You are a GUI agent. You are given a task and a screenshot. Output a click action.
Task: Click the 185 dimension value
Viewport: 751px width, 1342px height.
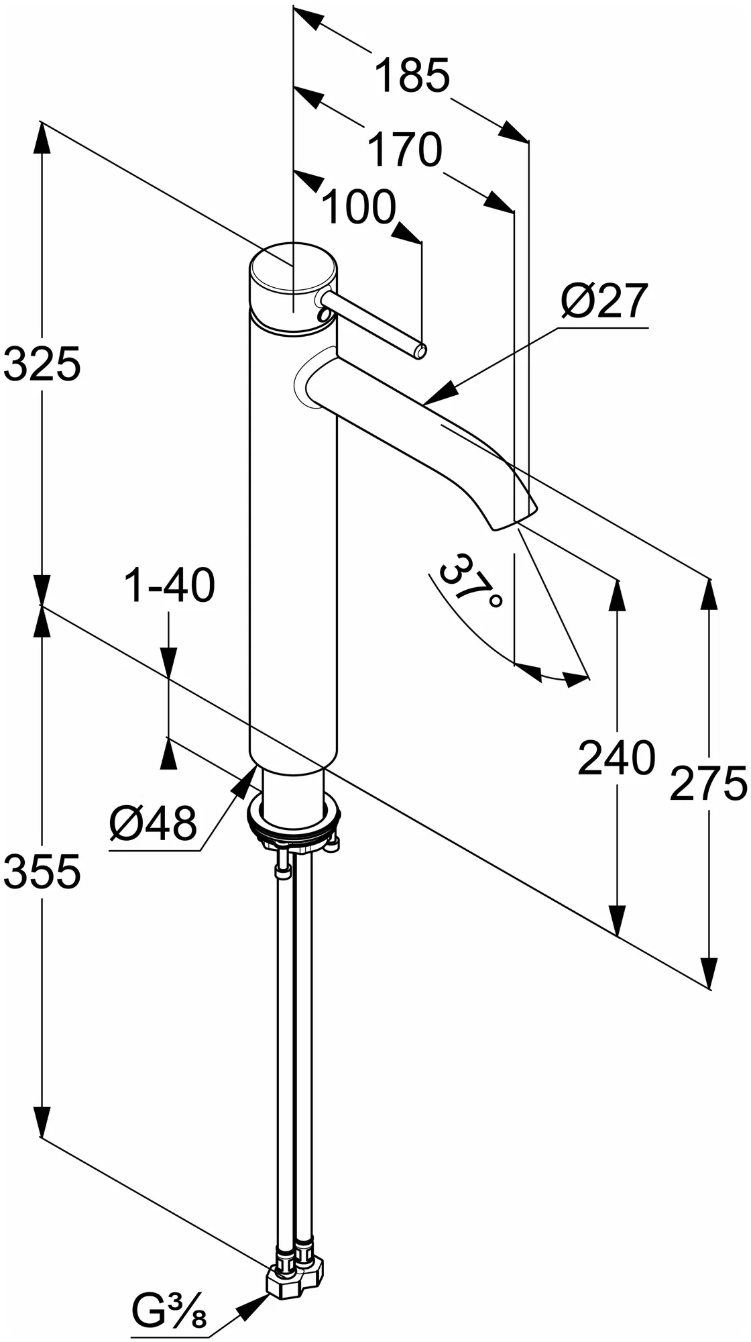point(411,76)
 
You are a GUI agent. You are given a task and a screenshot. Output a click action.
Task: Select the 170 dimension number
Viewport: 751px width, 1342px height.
point(405,150)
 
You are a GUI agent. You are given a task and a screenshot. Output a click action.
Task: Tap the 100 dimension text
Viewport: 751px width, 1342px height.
point(359,207)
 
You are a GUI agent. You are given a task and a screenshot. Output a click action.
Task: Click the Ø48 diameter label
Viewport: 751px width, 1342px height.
point(154,823)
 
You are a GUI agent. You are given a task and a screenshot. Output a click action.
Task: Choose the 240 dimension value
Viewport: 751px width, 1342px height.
point(616,759)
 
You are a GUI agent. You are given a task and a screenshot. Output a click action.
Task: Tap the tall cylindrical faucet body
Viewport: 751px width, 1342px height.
point(292,537)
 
